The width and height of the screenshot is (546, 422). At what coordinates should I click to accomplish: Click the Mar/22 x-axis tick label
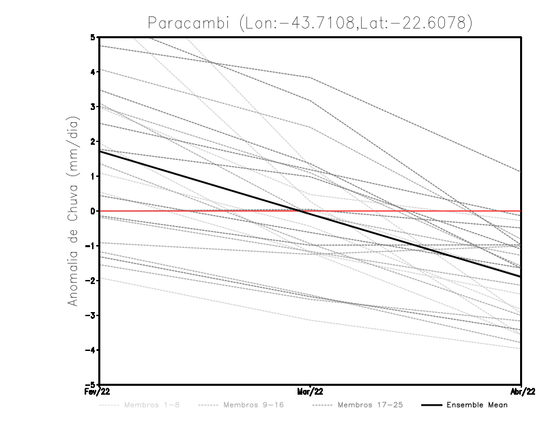coord(311,391)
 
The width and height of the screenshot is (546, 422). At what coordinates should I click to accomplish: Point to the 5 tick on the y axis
coord(92,37)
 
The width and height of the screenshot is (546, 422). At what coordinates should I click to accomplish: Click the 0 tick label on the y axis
coord(92,211)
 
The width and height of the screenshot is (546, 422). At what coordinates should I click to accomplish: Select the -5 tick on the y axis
coord(90,384)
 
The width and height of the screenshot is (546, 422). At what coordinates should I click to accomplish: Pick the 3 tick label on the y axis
coord(92,107)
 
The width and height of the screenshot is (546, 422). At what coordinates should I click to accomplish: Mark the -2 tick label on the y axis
coord(90,280)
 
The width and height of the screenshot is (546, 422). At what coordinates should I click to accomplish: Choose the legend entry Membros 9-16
coord(253,405)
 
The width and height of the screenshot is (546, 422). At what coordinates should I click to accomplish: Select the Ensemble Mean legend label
coord(477,405)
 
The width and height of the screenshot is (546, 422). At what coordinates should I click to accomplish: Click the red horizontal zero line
coord(409,211)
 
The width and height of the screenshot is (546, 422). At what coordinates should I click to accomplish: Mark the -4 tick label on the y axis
coord(90,350)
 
